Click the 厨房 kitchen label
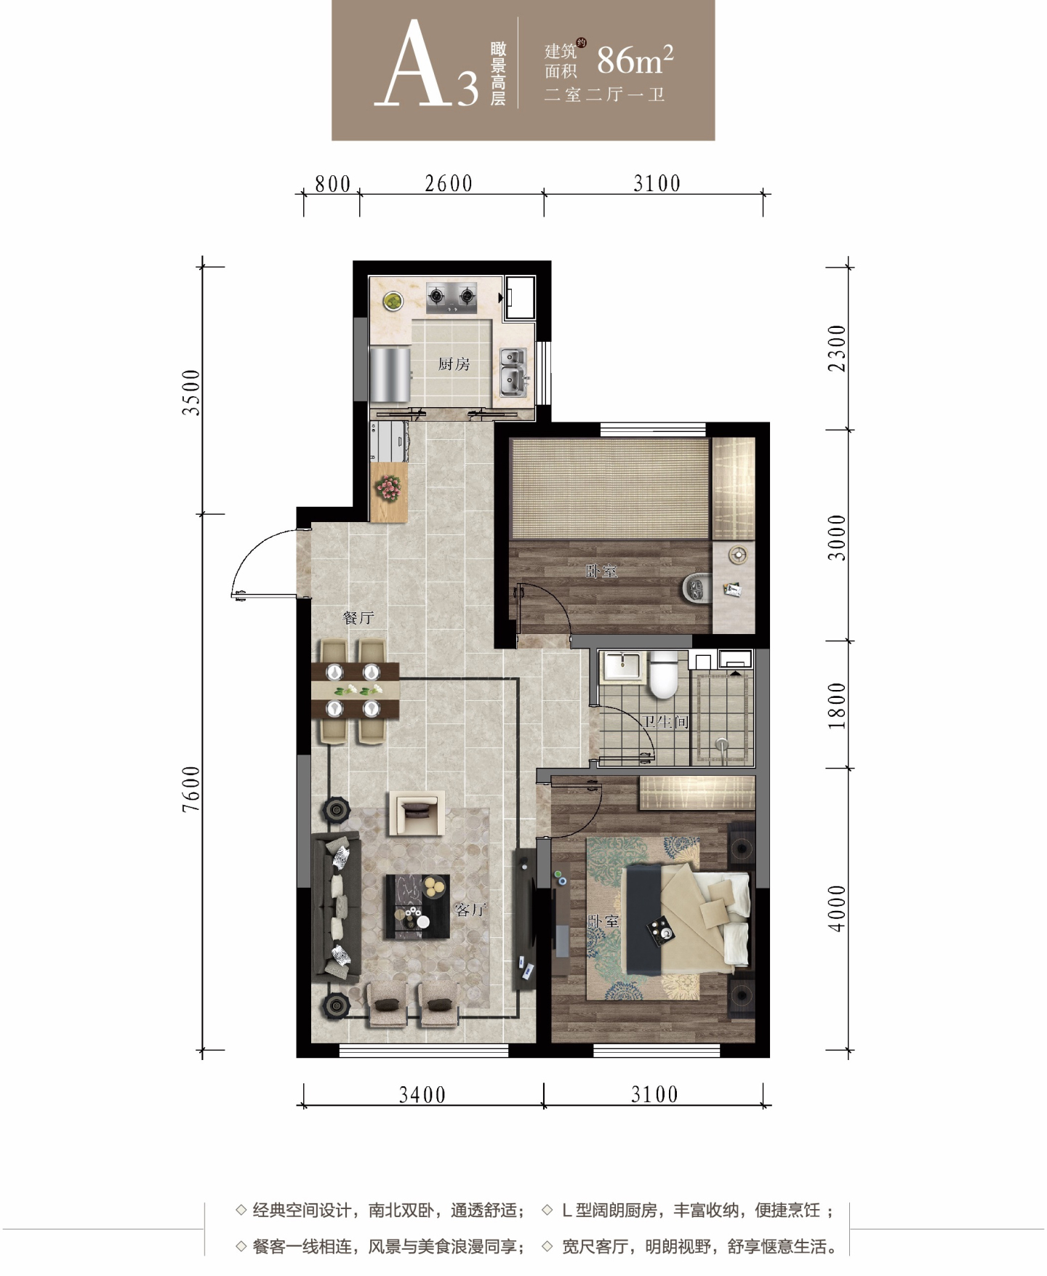coord(454,364)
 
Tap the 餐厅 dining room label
coord(358,618)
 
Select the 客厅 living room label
coord(470,910)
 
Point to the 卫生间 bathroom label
coord(665,722)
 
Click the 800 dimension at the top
coord(333,184)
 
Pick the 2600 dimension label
coord(449,183)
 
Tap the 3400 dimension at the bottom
coord(422,1094)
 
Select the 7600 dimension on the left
coord(191,789)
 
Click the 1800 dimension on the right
coord(838,705)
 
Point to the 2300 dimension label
coord(838,348)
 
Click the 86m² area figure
coord(635,60)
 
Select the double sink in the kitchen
coord(513,368)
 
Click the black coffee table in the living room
coord(417,906)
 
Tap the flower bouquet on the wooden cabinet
coord(389,487)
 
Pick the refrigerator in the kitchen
coord(390,374)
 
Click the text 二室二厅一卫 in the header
coord(605,95)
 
